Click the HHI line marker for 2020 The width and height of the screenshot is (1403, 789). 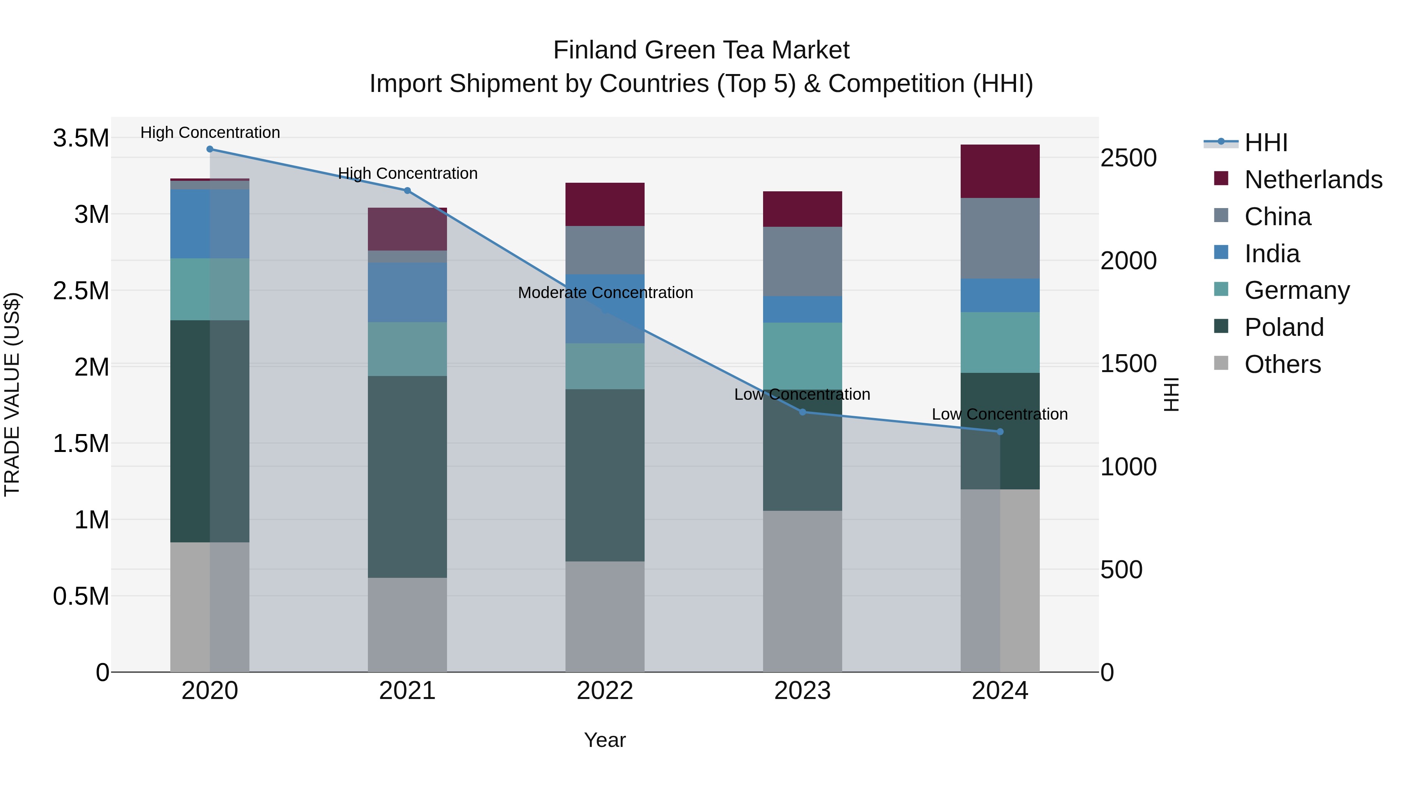pyautogui.click(x=210, y=149)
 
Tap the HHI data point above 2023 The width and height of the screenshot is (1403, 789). pyautogui.click(x=802, y=412)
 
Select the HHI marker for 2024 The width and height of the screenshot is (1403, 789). pyautogui.click(x=1000, y=432)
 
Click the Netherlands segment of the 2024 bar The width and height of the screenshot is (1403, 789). pyautogui.click(x=1000, y=171)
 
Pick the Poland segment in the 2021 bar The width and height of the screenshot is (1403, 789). pyautogui.click(x=407, y=477)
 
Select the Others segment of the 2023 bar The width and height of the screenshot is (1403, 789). pyautogui.click(x=802, y=591)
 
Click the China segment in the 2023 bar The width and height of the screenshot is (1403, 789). pyautogui.click(x=802, y=261)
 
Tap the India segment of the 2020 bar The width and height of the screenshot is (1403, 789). pyautogui.click(x=210, y=224)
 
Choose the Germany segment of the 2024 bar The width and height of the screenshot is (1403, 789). pyautogui.click(x=1000, y=342)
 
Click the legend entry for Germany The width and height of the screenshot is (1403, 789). pyautogui.click(x=1296, y=290)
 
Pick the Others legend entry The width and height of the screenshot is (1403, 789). pyautogui.click(x=1282, y=364)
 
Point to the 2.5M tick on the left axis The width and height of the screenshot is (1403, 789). pyautogui.click(x=81, y=291)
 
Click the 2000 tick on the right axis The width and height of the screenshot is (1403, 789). pyautogui.click(x=1128, y=261)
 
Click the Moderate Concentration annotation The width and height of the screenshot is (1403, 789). pyautogui.click(x=605, y=293)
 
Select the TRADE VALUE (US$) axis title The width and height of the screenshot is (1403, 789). pyautogui.click(x=12, y=394)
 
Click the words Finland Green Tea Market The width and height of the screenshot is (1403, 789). pyautogui.click(x=701, y=51)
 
